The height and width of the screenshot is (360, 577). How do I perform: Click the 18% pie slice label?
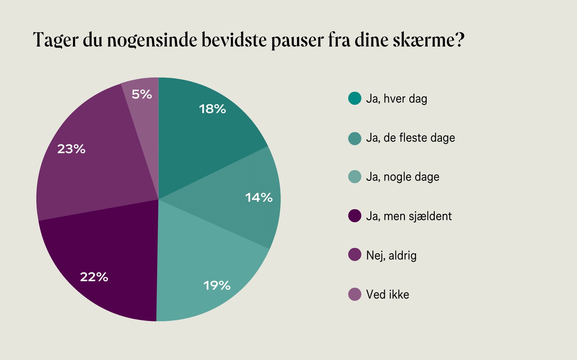coord(212,109)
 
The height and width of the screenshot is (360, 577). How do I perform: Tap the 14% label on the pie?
coord(259,197)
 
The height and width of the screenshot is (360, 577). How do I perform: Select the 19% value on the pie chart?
coord(217,285)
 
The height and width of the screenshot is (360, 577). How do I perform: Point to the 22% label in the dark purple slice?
coord(94,277)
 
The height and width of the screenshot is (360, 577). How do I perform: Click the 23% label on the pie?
coord(71,149)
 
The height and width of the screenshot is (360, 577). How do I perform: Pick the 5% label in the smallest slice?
coord(142,94)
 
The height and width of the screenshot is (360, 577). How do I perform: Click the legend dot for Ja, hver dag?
coord(355,98)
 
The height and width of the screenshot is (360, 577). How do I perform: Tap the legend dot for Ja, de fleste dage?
coord(355,138)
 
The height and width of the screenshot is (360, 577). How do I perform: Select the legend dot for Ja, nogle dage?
coord(355,177)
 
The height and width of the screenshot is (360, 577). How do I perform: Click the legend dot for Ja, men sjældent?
coord(355,216)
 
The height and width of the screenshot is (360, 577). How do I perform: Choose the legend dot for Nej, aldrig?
coord(355,255)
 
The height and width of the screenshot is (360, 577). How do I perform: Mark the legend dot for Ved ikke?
coord(355,294)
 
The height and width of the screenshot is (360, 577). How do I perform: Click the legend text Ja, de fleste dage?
coord(410,138)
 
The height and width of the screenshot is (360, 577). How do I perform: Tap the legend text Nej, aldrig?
coord(391,255)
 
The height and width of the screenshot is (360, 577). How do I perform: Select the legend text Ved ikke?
coord(388,294)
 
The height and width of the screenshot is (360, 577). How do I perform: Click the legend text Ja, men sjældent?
coord(409,216)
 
